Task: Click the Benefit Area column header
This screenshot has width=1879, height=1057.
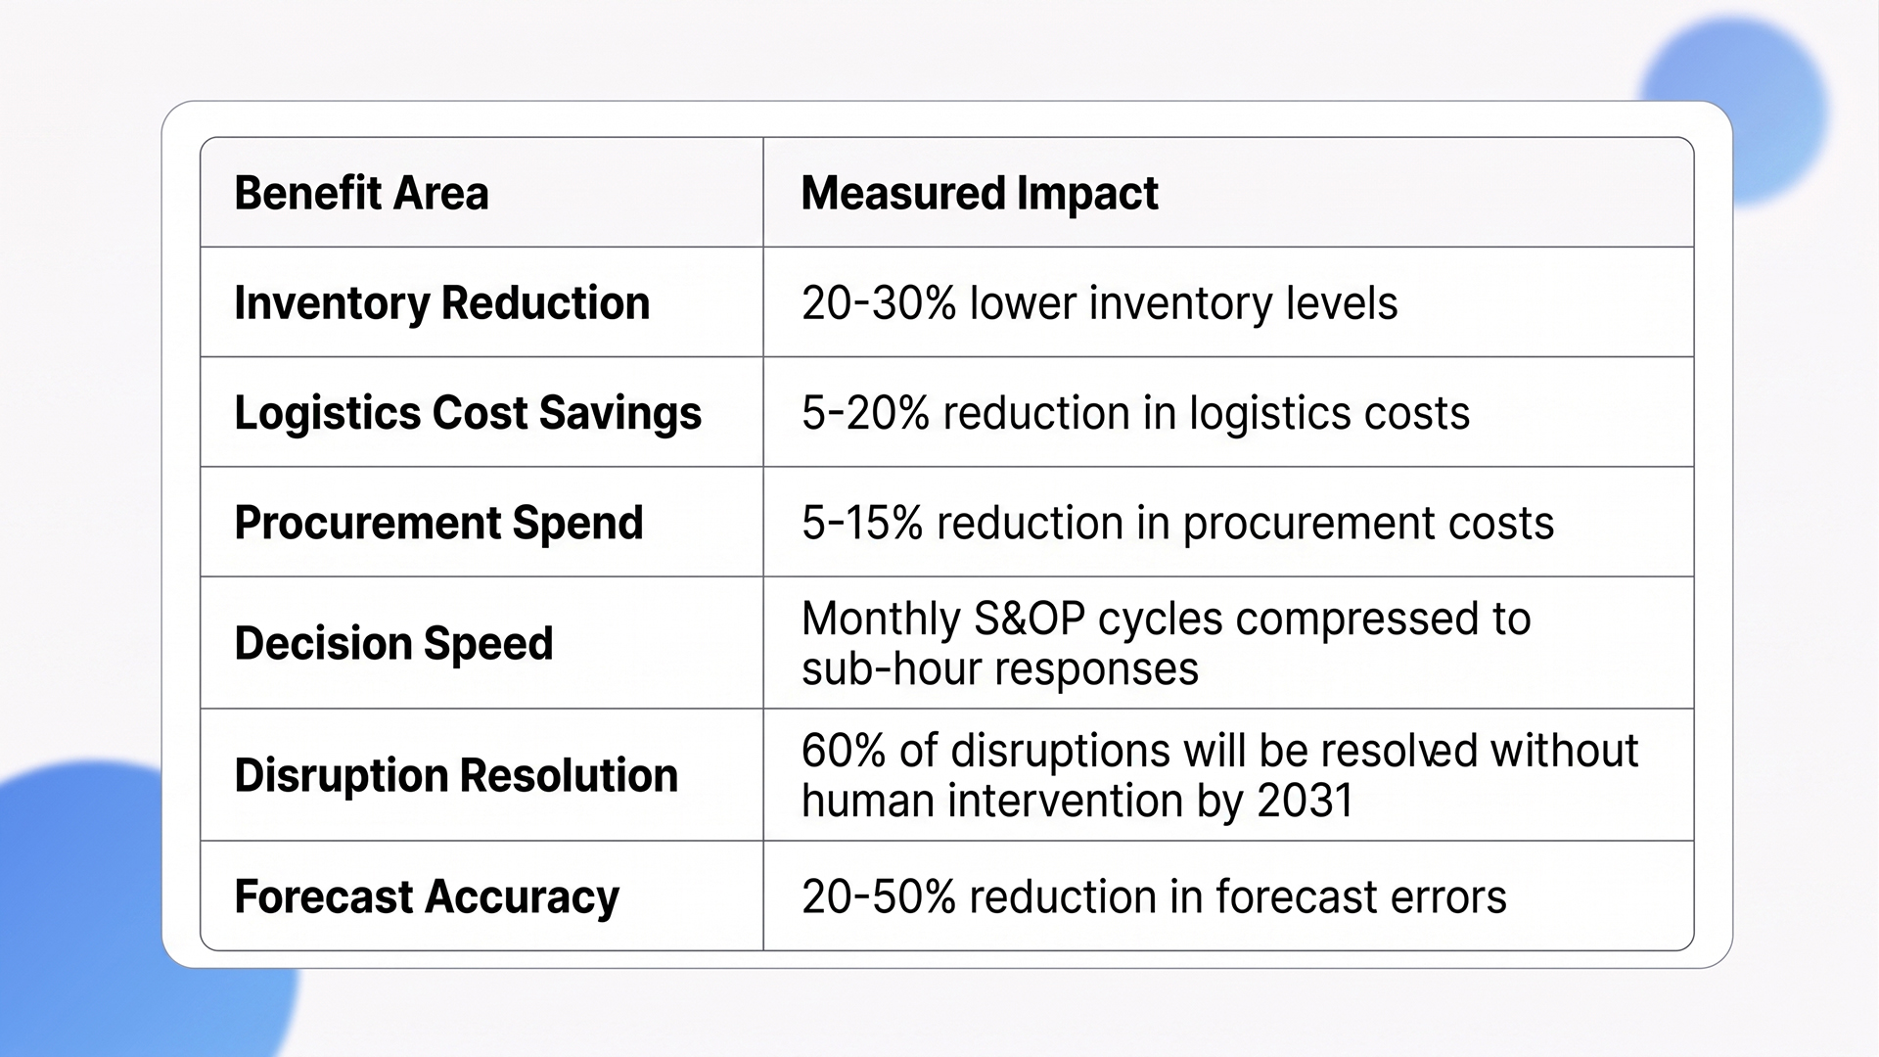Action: (361, 193)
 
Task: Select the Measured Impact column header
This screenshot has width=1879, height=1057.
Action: (979, 193)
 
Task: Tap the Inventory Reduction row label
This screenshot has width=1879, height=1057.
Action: (441, 302)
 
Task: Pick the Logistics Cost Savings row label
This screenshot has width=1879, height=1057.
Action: (468, 412)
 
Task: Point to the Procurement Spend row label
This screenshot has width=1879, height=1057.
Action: (438, 523)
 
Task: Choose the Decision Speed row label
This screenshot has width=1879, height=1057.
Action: (393, 643)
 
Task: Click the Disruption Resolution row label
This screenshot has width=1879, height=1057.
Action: (456, 775)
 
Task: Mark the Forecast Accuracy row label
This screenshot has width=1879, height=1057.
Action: (427, 896)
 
